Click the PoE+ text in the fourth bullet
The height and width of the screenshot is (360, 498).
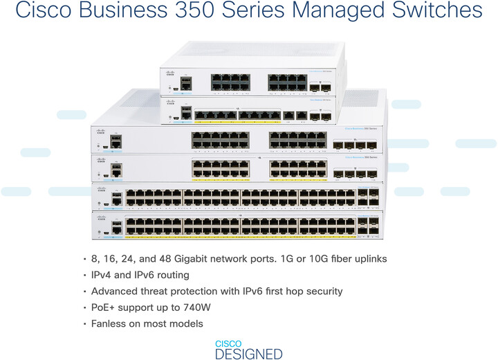coord(106,307)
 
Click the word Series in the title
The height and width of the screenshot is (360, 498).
coord(278,12)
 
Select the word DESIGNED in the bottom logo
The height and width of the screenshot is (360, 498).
coord(248,354)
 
